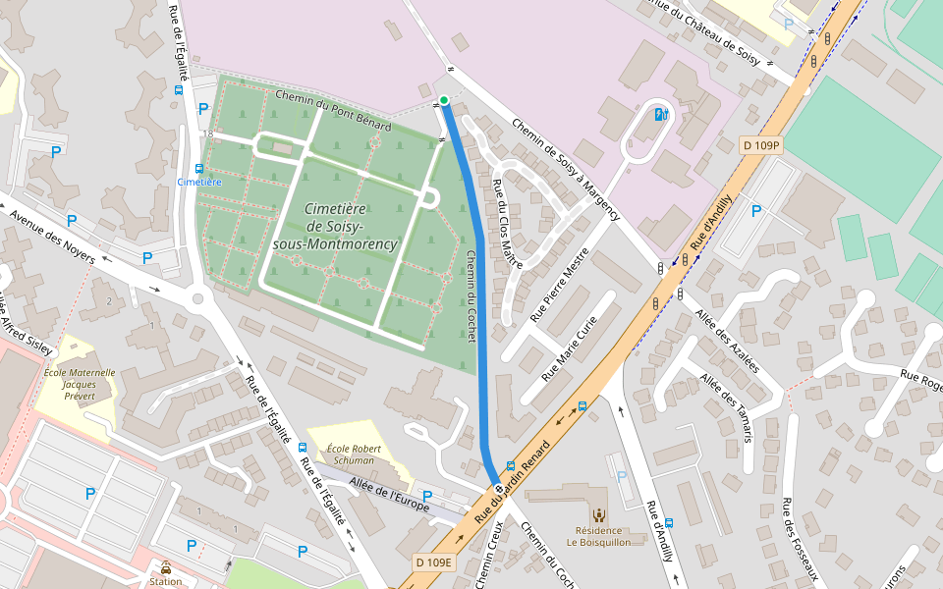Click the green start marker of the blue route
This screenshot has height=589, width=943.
(x=444, y=100)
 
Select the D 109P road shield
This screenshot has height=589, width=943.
(x=760, y=145)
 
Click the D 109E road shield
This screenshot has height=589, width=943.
(x=433, y=562)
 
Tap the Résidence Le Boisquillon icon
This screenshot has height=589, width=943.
(x=597, y=513)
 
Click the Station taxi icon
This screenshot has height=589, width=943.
(x=165, y=567)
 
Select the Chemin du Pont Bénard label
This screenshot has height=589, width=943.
(x=333, y=111)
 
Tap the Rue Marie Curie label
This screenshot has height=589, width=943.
(x=570, y=348)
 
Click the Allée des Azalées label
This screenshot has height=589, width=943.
(x=727, y=339)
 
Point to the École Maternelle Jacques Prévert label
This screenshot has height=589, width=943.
(x=80, y=385)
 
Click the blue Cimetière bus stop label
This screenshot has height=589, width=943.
(x=199, y=182)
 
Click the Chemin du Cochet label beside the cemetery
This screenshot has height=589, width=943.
(x=471, y=295)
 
